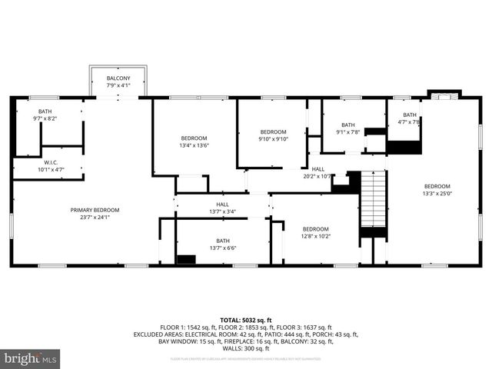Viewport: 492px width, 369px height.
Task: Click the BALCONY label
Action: pos(118,78)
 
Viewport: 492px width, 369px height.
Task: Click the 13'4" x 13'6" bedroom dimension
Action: pos(194,145)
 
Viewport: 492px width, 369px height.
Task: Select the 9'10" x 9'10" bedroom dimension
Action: pos(273,139)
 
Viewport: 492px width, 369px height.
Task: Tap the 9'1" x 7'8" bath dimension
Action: pos(348,131)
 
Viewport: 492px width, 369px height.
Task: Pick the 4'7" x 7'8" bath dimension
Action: pos(409,121)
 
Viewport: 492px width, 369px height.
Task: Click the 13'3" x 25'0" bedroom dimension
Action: pos(437,193)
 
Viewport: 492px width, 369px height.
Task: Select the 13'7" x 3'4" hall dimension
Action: pos(222,211)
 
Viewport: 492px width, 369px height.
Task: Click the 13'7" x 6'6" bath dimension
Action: pos(222,248)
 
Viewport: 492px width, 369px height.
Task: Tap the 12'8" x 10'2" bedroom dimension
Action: pos(315,236)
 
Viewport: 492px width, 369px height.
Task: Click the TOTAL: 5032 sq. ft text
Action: pos(246,319)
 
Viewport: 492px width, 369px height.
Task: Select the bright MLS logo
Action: pos(31,358)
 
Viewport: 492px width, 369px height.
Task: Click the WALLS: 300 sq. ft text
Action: pos(246,347)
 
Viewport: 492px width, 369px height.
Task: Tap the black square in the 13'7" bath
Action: pos(186,260)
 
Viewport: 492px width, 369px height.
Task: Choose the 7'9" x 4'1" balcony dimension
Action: pos(118,85)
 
